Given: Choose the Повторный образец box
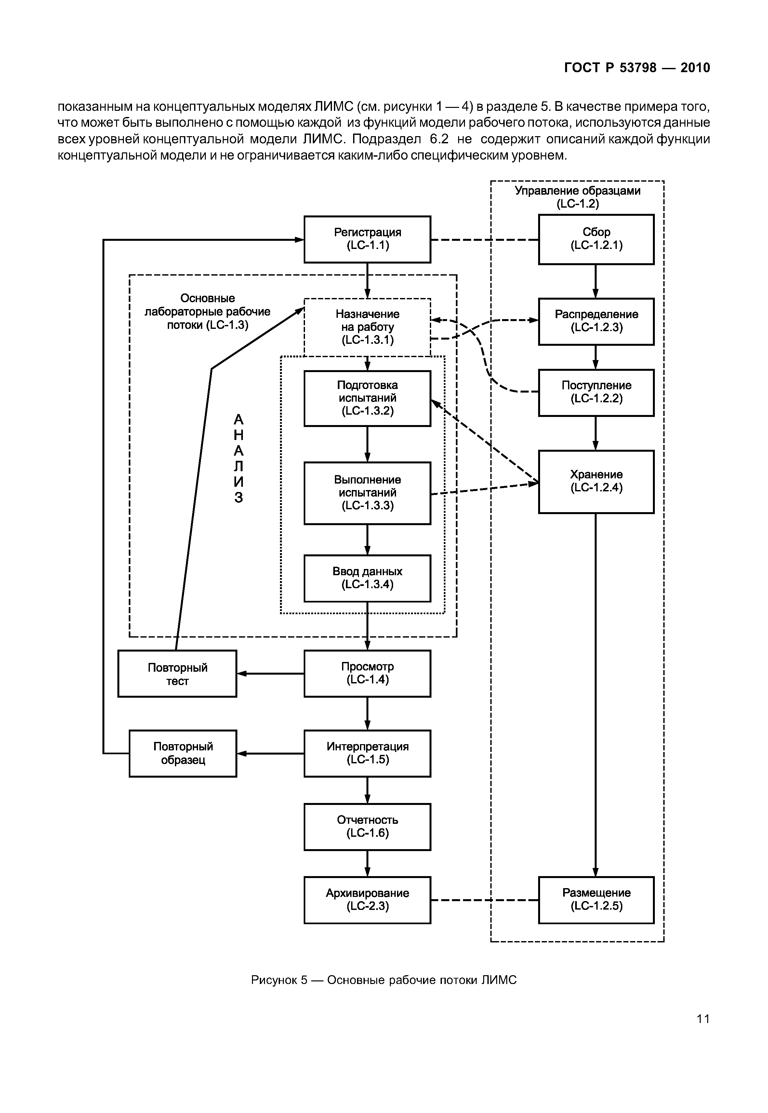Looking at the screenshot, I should click(x=183, y=753).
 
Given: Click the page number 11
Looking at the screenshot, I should click(x=703, y=1019).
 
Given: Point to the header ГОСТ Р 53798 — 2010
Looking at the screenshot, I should click(x=637, y=68).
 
